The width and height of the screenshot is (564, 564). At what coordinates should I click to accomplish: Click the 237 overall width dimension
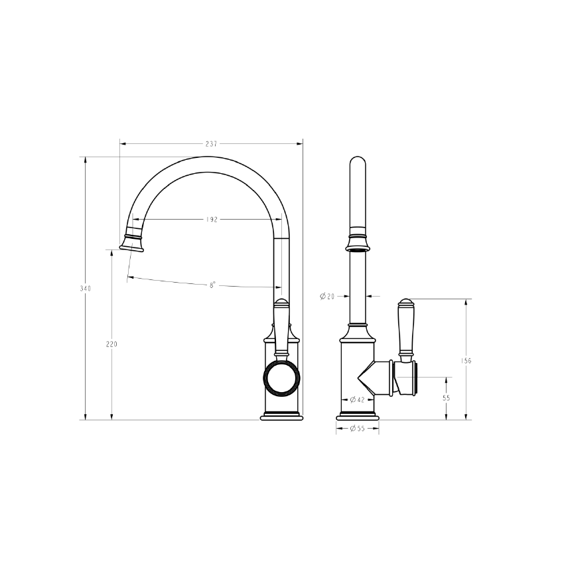tap(212, 143)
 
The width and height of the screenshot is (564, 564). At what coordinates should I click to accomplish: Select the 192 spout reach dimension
tap(212, 220)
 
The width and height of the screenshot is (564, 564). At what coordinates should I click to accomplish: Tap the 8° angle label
tap(212, 285)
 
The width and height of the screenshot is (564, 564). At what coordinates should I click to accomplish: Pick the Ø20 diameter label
tap(327, 296)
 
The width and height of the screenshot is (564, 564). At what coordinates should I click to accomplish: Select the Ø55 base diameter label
tap(358, 429)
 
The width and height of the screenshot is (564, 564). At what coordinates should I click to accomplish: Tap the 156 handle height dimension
tap(466, 361)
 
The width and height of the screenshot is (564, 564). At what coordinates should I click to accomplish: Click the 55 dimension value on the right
tap(446, 398)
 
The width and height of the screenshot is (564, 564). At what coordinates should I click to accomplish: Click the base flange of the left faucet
tap(282, 417)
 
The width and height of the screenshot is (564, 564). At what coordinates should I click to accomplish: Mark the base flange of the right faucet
tap(358, 417)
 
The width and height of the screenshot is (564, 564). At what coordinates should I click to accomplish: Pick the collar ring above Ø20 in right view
tap(358, 243)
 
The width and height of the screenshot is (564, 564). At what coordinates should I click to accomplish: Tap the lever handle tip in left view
tap(282, 303)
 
